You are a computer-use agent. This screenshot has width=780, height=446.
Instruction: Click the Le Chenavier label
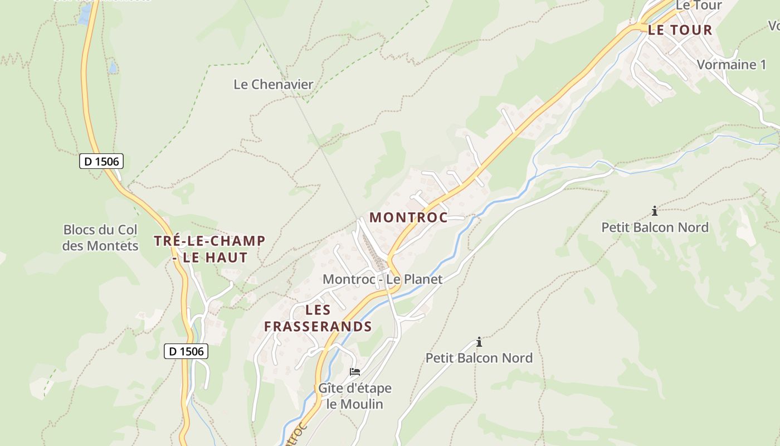point(273,85)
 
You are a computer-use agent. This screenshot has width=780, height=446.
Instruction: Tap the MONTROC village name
point(408,217)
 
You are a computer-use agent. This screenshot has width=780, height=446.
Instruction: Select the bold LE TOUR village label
point(680,30)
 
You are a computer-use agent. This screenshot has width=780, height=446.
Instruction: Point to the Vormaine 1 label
point(731,65)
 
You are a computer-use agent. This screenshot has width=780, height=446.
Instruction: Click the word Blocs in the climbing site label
point(80,230)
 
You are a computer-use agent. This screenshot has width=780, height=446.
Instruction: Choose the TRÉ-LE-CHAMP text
point(209,241)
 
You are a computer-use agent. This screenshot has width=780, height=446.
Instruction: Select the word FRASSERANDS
point(318,326)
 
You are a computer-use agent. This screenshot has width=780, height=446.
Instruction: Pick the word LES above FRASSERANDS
point(318,310)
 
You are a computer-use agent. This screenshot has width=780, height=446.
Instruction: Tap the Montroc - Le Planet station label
point(382,279)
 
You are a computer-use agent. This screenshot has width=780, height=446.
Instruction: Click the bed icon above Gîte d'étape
point(355,371)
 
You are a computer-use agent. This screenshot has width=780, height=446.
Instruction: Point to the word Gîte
point(330,388)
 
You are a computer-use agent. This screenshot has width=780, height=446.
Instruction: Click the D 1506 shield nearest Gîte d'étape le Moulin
point(187,351)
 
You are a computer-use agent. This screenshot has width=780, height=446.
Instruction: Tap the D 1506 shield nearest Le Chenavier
point(101,162)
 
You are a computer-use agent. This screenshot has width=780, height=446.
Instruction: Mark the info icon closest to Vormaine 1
point(655,211)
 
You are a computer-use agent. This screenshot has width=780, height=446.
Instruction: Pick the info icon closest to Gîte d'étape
point(479,342)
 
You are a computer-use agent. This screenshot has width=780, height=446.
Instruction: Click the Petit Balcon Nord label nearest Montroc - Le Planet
point(479,358)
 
